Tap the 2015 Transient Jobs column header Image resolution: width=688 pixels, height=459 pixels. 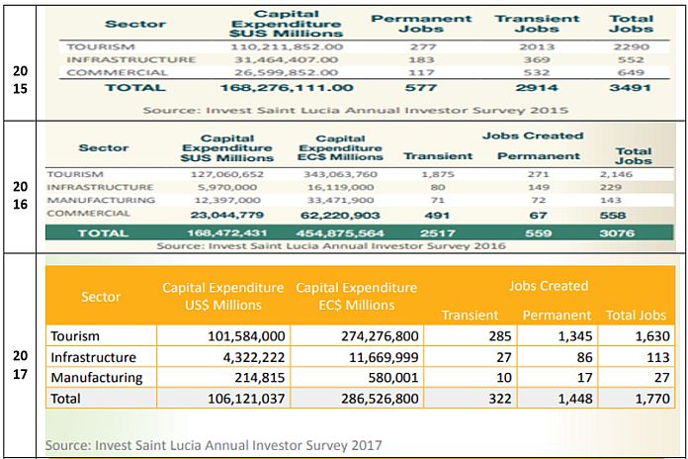[x=538, y=24]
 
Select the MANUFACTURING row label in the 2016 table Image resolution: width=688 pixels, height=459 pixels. [x=101, y=199]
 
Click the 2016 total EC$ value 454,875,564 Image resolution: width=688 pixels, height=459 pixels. [x=340, y=233]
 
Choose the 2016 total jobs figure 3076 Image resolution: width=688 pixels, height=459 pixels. [x=634, y=233]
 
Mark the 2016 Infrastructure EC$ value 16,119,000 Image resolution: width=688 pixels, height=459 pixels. [x=341, y=186]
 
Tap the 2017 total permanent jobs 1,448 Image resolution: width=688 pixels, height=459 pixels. [x=563, y=398]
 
